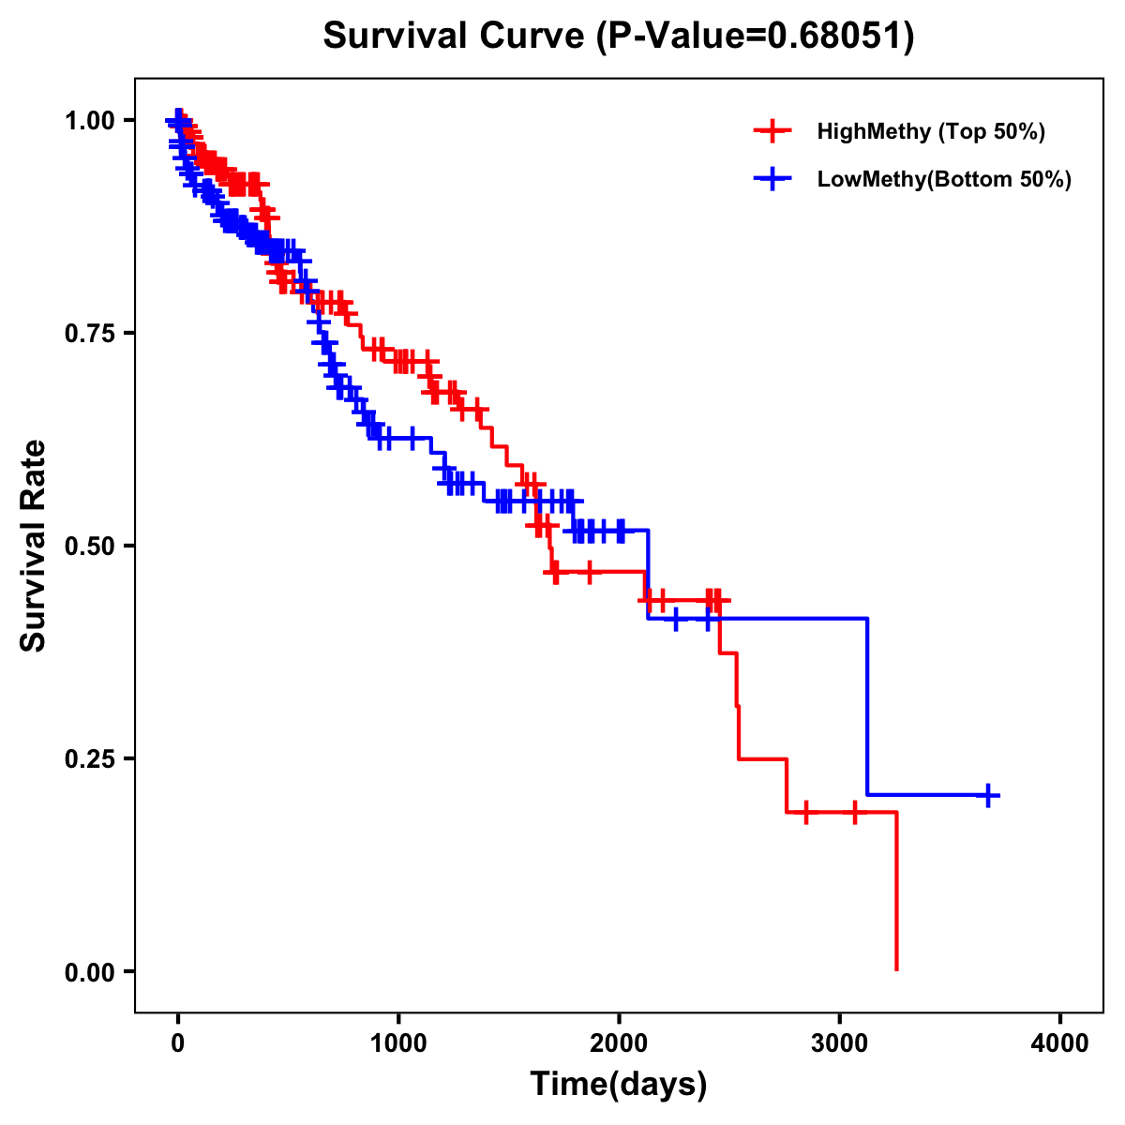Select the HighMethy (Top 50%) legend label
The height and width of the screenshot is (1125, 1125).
click(x=931, y=131)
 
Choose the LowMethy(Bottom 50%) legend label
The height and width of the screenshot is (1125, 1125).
click(x=944, y=179)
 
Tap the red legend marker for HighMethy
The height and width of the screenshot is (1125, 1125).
click(x=772, y=131)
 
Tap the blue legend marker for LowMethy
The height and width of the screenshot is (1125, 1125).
click(x=772, y=179)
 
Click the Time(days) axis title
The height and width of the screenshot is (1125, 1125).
click(x=619, y=1085)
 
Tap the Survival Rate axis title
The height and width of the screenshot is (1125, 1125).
click(x=35, y=546)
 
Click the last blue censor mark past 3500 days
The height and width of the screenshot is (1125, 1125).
click(x=987, y=795)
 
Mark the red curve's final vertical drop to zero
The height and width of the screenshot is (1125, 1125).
click(x=896, y=891)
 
